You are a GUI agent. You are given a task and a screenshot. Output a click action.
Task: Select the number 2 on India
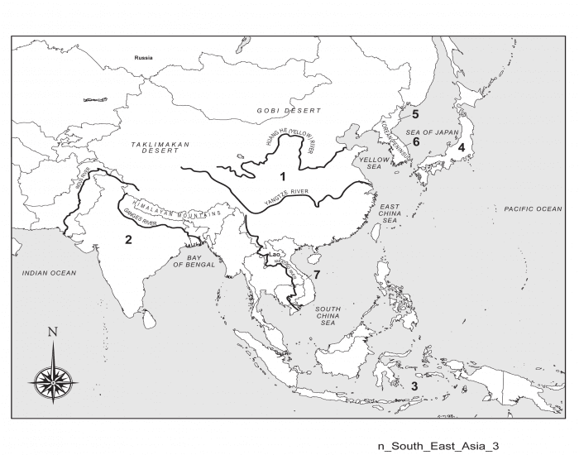pos(127,240)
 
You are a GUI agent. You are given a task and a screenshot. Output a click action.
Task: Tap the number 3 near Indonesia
pos(415,385)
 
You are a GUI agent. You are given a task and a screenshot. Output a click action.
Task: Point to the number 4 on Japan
pos(462,147)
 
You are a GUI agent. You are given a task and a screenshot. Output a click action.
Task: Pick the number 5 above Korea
pos(416,113)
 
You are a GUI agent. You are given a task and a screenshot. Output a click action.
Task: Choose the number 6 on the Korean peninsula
pos(416,141)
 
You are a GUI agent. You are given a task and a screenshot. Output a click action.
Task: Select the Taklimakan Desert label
pos(160,149)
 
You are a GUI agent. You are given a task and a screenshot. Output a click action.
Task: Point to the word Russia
pos(145,58)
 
